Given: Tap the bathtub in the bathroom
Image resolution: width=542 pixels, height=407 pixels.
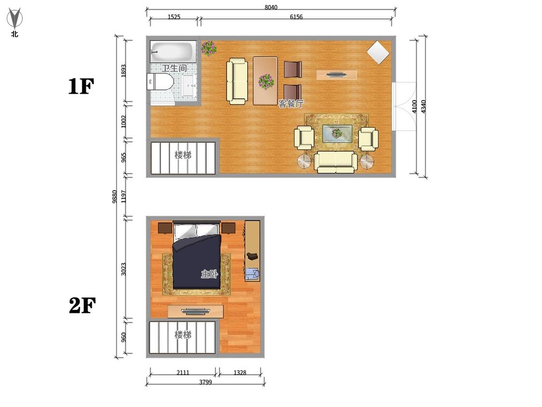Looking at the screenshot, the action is pos(173,52).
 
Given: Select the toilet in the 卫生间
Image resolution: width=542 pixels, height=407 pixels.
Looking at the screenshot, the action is pos(159,81).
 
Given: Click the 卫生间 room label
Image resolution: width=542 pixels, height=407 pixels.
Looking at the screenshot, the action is pos(174,68).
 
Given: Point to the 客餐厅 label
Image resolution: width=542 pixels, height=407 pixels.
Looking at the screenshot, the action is pos(291,104).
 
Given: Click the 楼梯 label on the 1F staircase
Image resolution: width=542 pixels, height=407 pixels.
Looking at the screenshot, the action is pos(183,155).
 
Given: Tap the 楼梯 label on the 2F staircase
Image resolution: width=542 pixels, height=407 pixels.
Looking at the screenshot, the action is pos(183,335).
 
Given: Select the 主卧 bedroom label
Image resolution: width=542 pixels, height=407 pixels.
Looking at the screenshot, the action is pos(210,274).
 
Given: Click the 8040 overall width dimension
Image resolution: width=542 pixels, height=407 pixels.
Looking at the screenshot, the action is pos(271,7).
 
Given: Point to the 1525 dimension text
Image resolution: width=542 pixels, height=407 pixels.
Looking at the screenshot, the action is pos(174,16).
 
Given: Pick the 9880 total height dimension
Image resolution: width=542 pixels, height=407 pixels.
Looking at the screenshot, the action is pos(114,196).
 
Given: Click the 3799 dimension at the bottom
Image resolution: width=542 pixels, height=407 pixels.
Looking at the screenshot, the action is pos(205,382).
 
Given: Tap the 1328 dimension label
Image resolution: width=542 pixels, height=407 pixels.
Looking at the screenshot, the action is pos(240,372).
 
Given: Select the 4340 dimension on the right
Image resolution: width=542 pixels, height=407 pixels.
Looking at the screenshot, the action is pos(423,106).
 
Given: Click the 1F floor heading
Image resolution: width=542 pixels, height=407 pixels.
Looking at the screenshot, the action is pos(81,86).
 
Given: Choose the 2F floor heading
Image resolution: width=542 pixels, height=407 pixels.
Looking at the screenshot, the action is pos(82,305).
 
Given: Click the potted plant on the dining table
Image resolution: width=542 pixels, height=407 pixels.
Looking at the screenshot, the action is pos(266,81).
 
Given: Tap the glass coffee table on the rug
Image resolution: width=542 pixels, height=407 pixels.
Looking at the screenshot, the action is pos(337,133).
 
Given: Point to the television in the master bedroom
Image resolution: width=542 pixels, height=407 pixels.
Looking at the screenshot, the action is pos(195,312).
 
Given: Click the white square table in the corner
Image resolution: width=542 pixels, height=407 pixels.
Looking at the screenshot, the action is pos(378,53).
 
